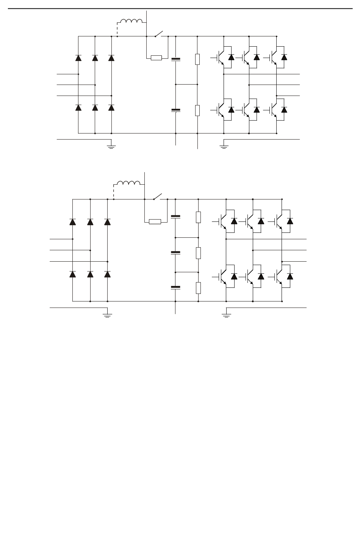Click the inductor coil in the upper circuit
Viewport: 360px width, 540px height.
click(x=131, y=21)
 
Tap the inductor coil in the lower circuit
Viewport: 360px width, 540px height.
click(x=129, y=183)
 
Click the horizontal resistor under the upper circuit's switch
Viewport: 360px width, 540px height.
click(x=156, y=58)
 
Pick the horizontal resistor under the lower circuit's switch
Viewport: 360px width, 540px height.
click(x=155, y=221)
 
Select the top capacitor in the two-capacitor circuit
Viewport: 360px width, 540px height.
click(x=176, y=59)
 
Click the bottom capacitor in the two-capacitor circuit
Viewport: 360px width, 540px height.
click(x=176, y=110)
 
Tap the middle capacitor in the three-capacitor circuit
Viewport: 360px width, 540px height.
click(x=175, y=252)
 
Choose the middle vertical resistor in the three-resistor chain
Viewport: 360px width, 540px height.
click(x=198, y=253)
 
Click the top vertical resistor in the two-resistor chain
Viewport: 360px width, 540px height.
click(x=197, y=59)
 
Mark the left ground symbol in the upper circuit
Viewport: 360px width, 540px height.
click(x=111, y=145)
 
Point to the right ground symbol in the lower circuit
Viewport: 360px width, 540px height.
click(x=226, y=314)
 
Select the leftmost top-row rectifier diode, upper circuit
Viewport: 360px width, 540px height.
click(x=78, y=58)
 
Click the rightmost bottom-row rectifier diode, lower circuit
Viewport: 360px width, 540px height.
click(x=108, y=274)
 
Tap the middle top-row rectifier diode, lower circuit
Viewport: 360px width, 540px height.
click(x=90, y=222)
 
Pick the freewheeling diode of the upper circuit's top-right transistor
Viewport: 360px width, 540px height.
click(x=284, y=57)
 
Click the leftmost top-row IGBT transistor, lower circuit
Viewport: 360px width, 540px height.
click(x=223, y=221)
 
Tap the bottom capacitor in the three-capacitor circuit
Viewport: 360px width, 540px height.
click(x=175, y=287)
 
